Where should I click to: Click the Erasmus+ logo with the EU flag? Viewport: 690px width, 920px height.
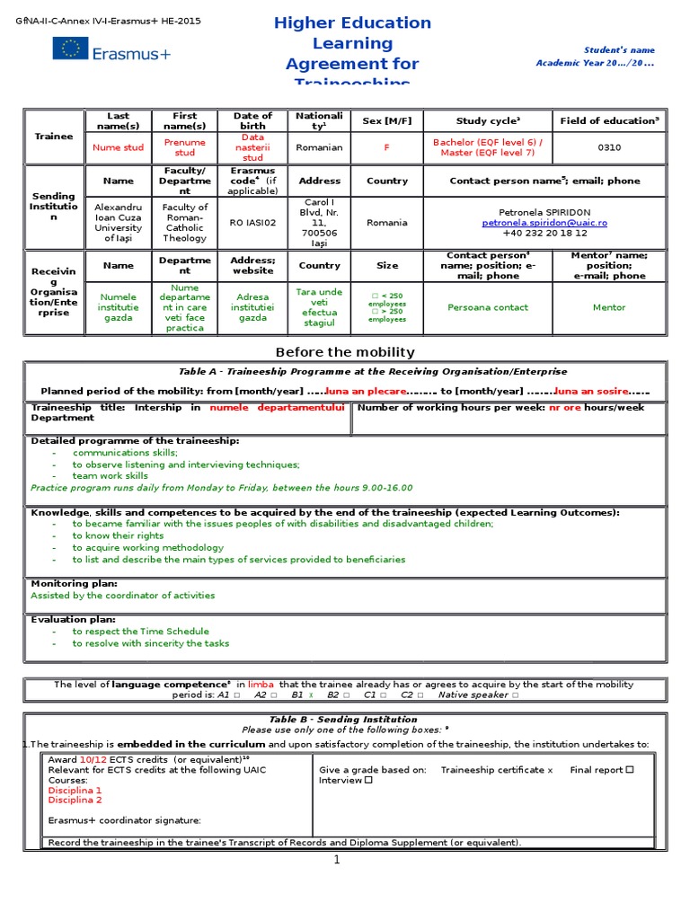click(111, 53)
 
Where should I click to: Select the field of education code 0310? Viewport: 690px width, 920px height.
click(608, 147)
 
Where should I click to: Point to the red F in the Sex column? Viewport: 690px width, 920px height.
click(387, 147)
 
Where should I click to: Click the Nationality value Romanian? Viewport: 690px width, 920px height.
click(319, 147)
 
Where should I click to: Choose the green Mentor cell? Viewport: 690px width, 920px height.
click(608, 307)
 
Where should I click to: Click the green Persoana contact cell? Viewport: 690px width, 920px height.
click(487, 307)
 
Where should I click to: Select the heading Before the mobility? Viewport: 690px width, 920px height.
click(345, 352)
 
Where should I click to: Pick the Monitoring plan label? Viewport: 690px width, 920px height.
click(74, 583)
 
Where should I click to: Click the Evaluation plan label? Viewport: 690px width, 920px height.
click(73, 619)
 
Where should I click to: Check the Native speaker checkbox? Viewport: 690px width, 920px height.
click(516, 694)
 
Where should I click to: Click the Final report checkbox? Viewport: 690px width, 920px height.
click(630, 769)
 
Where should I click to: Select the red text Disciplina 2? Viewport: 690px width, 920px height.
click(75, 800)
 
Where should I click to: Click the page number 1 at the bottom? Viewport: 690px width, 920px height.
click(337, 860)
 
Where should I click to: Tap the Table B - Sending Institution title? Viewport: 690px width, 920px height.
click(343, 720)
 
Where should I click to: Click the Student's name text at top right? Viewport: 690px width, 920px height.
click(620, 50)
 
